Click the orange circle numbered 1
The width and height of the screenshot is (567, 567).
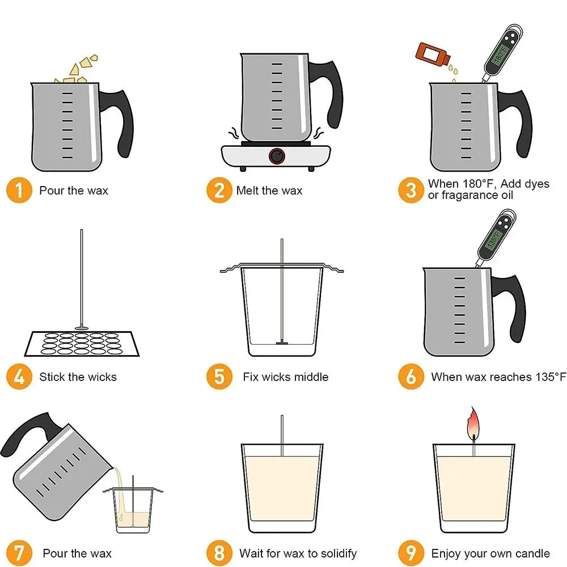click(19, 191)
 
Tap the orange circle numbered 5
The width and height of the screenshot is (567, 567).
click(219, 377)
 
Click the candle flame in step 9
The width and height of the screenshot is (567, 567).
click(471, 422)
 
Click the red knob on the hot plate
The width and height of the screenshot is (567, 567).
click(277, 156)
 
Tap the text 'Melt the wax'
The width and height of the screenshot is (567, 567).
click(269, 191)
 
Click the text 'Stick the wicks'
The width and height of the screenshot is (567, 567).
click(78, 377)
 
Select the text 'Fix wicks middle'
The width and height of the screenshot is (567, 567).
click(285, 377)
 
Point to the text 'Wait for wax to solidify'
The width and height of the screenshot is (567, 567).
click(298, 553)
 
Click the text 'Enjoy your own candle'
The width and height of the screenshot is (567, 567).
click(490, 553)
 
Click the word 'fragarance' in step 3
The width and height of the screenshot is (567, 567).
click(468, 196)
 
